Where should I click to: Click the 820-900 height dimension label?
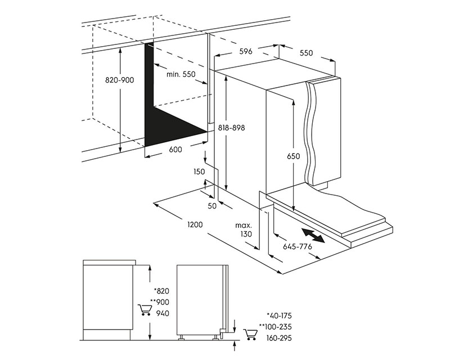click(120, 80)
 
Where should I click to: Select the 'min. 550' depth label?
click(181, 75)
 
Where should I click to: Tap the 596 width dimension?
click(245, 52)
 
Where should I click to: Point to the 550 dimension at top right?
click(306, 53)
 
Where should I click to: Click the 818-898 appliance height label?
click(231, 128)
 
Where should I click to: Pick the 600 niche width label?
click(175, 150)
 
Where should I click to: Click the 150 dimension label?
click(199, 172)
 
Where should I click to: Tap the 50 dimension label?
click(212, 206)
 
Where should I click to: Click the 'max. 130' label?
click(244, 229)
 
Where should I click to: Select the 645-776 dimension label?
click(298, 246)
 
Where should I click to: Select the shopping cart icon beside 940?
click(144, 310)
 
